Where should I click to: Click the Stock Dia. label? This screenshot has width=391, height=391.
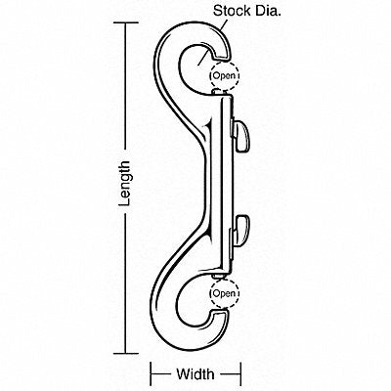click(x=247, y=11)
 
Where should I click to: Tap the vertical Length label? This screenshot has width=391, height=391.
click(x=125, y=184)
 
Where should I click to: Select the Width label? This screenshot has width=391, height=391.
click(x=195, y=373)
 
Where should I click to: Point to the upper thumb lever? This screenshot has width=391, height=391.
click(x=240, y=136)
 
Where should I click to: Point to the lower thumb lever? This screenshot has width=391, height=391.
click(x=240, y=232)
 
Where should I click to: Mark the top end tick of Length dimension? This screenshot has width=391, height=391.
click(x=126, y=22)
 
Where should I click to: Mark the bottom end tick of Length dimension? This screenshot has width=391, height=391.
click(x=126, y=353)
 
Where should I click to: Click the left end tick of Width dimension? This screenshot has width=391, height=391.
click(x=151, y=373)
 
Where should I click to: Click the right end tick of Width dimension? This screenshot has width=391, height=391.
click(x=240, y=373)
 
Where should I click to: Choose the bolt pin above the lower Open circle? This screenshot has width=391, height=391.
click(x=219, y=277)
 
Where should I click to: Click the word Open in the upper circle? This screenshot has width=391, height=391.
click(x=224, y=76)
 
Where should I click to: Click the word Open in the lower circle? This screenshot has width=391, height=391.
click(x=224, y=293)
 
